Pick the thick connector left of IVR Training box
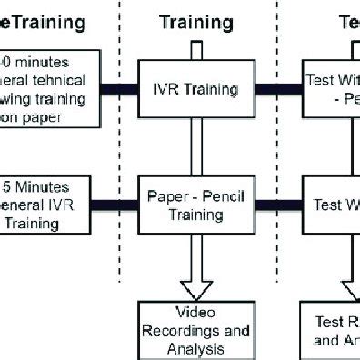click(117, 89)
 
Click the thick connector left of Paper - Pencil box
click(117, 203)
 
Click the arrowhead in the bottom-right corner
click(351, 290)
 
